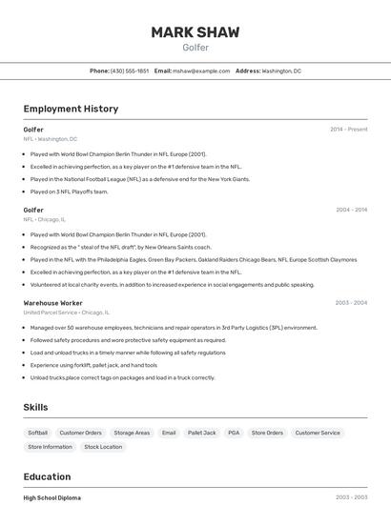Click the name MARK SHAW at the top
195,32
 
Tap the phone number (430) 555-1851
130,71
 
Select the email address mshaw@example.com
201,71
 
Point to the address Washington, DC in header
281,71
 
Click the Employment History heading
71,109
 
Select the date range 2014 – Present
348,130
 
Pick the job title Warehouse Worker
52,303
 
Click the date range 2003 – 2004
351,303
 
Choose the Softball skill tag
38,433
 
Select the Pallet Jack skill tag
201,433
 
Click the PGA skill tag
234,433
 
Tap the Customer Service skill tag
318,433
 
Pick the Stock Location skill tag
103,447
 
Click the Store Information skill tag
50,447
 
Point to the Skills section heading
35,408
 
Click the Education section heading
47,476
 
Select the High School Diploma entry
52,497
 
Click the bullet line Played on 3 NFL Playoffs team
69,192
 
